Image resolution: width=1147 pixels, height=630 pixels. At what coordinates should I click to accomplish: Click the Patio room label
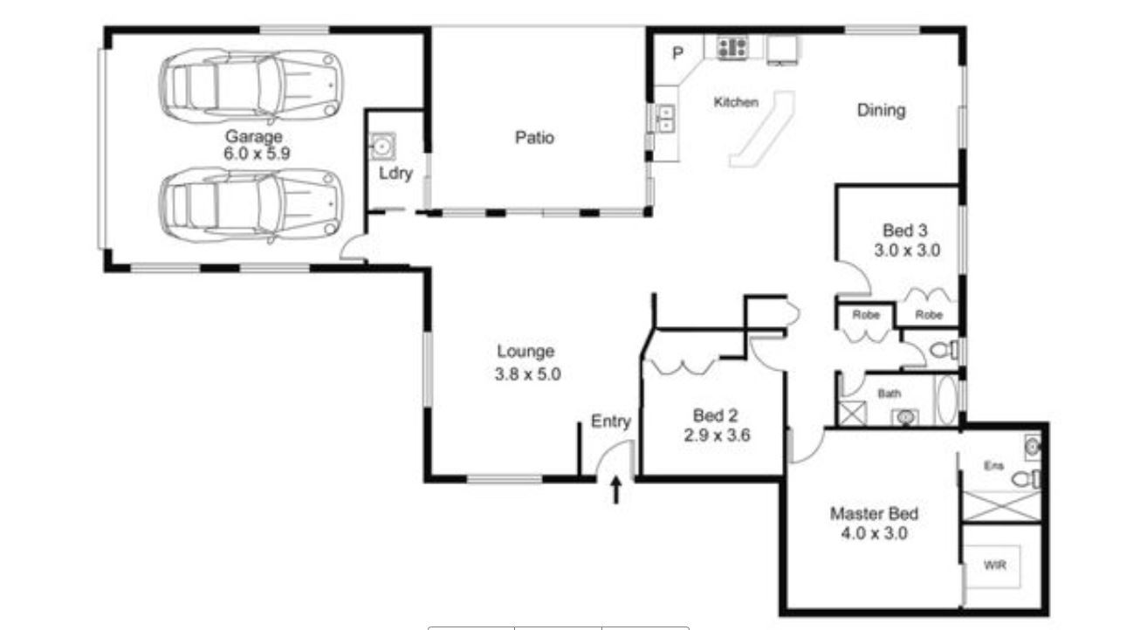534,138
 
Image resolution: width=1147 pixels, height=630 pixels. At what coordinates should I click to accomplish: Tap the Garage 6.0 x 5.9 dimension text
257,153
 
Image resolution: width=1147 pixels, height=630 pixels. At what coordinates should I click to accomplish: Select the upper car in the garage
251,86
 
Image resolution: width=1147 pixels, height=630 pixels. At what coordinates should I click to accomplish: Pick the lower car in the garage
251,206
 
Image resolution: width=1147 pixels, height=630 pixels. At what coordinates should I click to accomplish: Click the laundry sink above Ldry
382,147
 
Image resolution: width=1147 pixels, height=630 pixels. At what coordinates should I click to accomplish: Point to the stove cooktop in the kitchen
732,48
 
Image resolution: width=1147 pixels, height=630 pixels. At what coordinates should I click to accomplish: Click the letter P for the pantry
677,53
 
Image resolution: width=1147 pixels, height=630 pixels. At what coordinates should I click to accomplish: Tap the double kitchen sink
665,118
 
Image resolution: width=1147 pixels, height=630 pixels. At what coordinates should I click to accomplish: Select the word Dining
882,111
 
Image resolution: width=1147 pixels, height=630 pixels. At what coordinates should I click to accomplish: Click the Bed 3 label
905,231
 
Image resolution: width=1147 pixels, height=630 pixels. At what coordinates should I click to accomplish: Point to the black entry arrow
616,490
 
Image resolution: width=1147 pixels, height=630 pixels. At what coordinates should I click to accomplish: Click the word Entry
611,421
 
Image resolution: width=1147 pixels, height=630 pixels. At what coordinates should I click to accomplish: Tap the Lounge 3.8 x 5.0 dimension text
527,374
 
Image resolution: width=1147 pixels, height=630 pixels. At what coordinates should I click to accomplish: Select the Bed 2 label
715,415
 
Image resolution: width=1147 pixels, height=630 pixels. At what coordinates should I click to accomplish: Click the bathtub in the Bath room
947,401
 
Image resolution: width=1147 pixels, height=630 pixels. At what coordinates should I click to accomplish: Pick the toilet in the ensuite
1026,480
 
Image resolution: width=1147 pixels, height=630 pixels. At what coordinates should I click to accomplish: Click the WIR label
995,565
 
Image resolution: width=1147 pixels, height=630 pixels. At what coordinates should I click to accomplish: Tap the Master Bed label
874,514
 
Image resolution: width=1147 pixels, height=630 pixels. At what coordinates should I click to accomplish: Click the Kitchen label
736,102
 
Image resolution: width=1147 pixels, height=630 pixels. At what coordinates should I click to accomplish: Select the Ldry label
395,174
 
